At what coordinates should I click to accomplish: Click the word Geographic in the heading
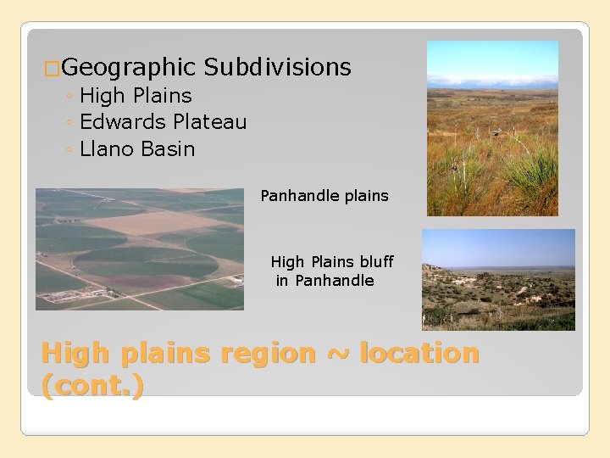point(129,68)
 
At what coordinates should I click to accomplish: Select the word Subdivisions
point(277,68)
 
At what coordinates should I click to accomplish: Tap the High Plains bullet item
point(136,96)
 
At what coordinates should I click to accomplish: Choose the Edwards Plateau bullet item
point(163,122)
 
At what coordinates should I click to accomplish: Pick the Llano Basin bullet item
point(137,149)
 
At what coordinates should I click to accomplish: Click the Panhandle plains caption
point(324,196)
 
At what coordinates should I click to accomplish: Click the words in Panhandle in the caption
point(324,281)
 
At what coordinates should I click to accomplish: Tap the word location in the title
point(419,353)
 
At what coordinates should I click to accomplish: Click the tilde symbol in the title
point(337,354)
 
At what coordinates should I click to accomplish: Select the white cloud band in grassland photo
point(492,82)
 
